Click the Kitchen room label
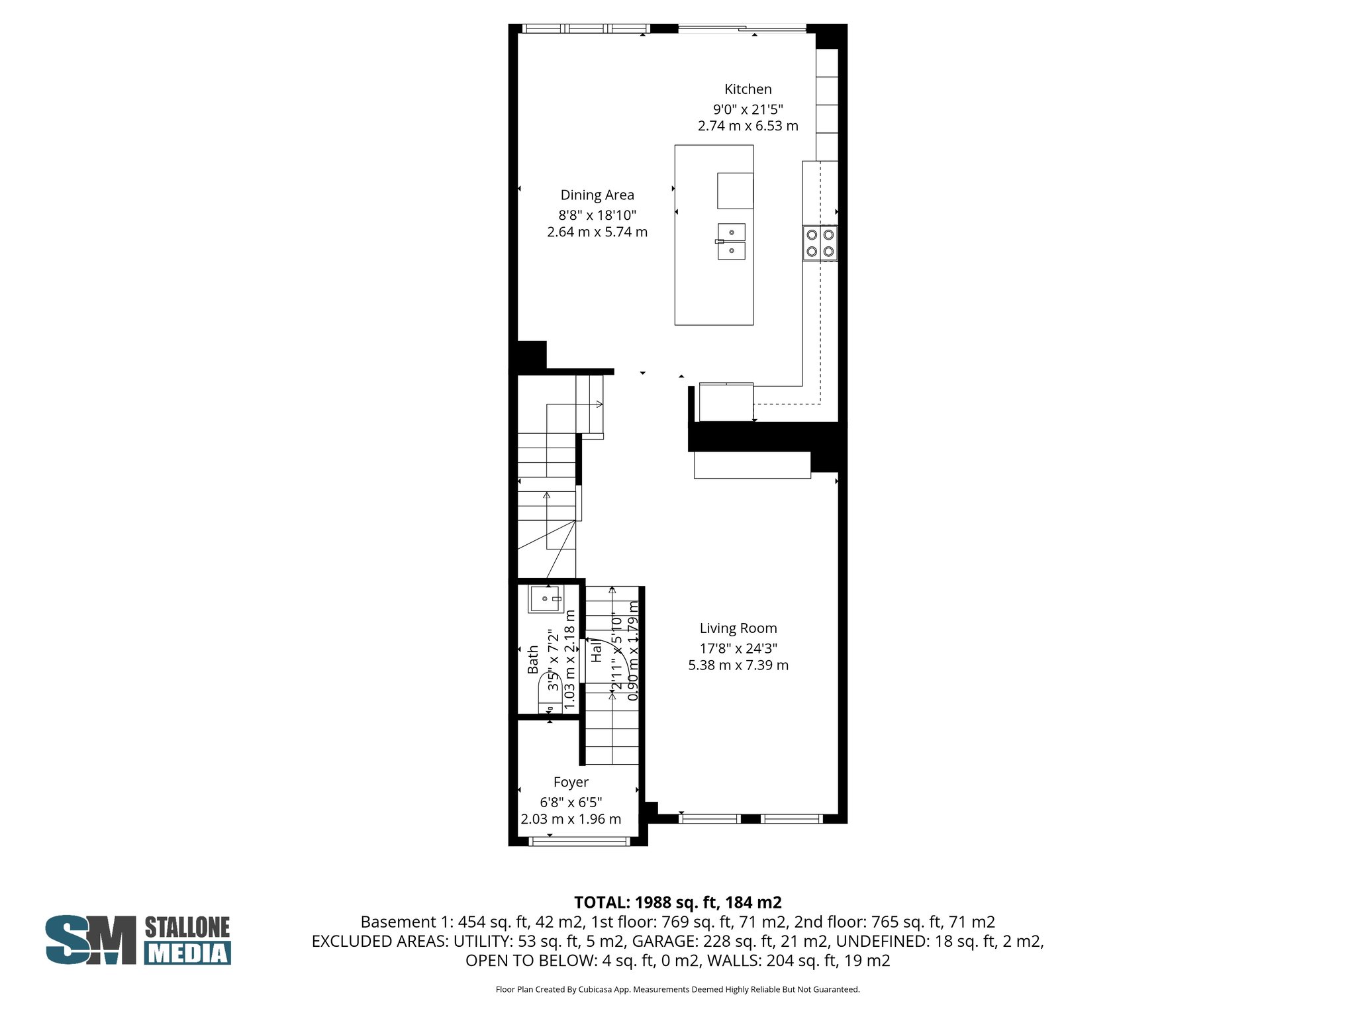pyautogui.click(x=748, y=89)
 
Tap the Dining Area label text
pyautogui.click(x=597, y=195)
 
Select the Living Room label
pyautogui.click(x=738, y=628)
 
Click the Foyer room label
pyautogui.click(x=571, y=783)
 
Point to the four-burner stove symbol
pyautogui.click(x=820, y=243)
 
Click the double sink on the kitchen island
pyautogui.click(x=731, y=242)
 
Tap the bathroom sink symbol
pyautogui.click(x=546, y=599)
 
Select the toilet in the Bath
pyautogui.click(x=550, y=692)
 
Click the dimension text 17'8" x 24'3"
pyautogui.click(x=738, y=649)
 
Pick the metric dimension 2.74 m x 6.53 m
pyautogui.click(x=748, y=126)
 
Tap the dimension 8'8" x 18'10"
pyautogui.click(x=597, y=215)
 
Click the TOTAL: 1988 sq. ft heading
pyautogui.click(x=677, y=902)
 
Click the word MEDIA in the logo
pyautogui.click(x=187, y=953)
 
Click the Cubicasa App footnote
pyautogui.click(x=677, y=990)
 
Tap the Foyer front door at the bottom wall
pyautogui.click(x=579, y=842)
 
